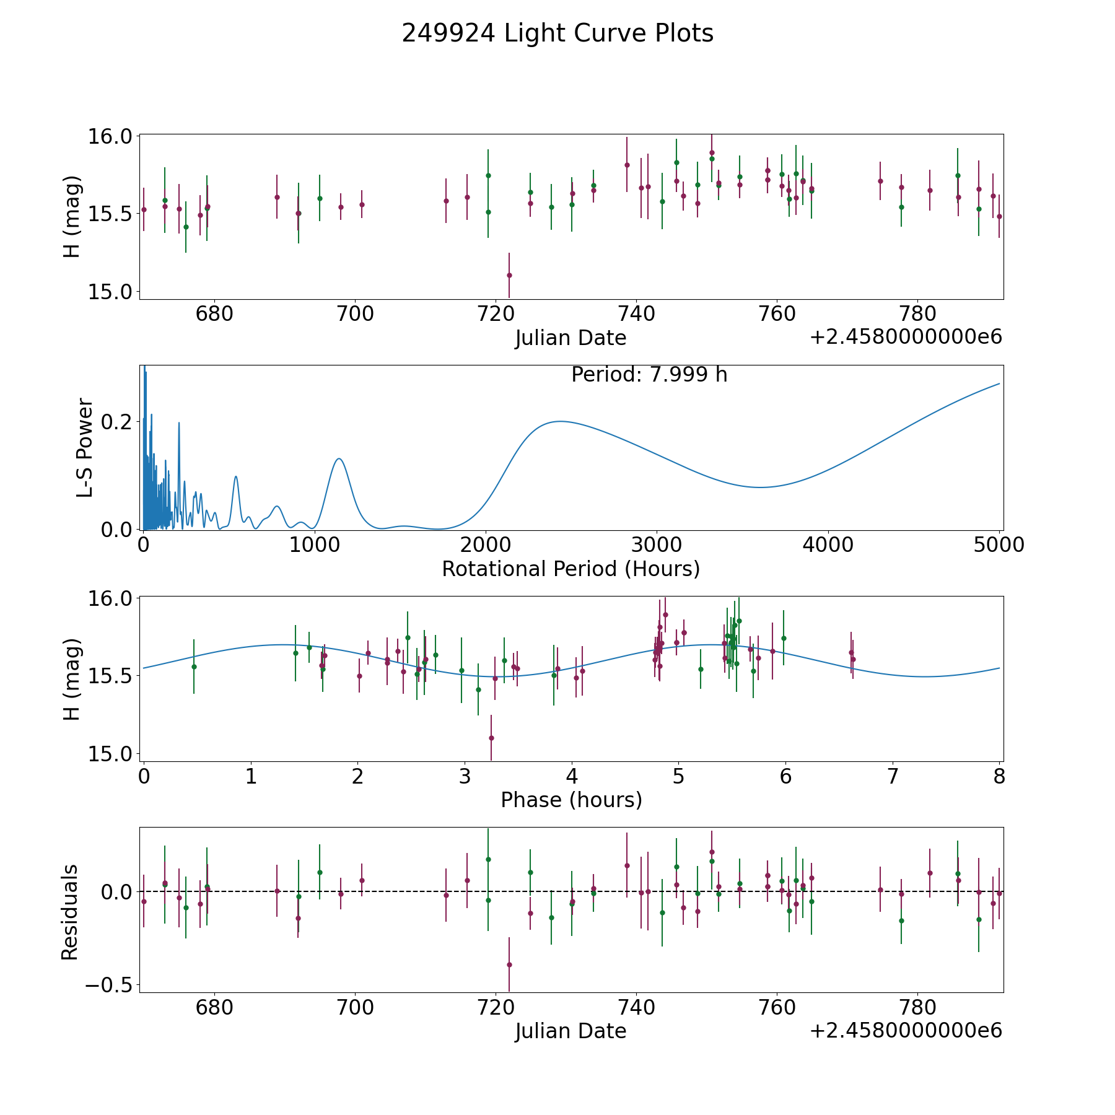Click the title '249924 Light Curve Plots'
(557, 33)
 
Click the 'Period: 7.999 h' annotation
(649, 375)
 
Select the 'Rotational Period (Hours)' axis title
(571, 569)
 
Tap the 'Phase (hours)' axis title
(571, 800)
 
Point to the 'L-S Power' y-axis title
(85, 447)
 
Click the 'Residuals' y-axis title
(70, 912)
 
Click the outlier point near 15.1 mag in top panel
(509, 275)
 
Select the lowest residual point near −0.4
(509, 964)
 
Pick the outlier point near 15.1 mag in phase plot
(491, 738)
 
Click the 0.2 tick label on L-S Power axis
(116, 421)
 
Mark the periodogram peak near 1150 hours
(339, 458)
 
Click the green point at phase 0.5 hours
(194, 667)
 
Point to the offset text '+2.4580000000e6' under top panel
(906, 338)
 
